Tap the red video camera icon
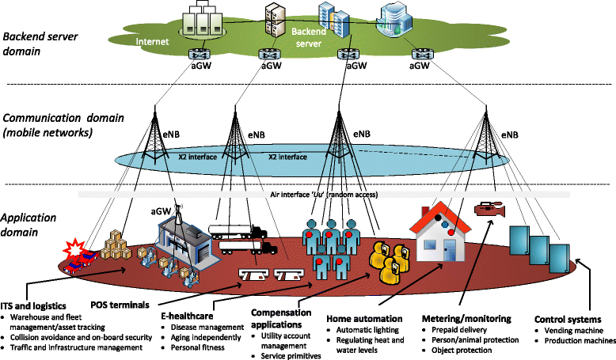[x=485, y=210]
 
